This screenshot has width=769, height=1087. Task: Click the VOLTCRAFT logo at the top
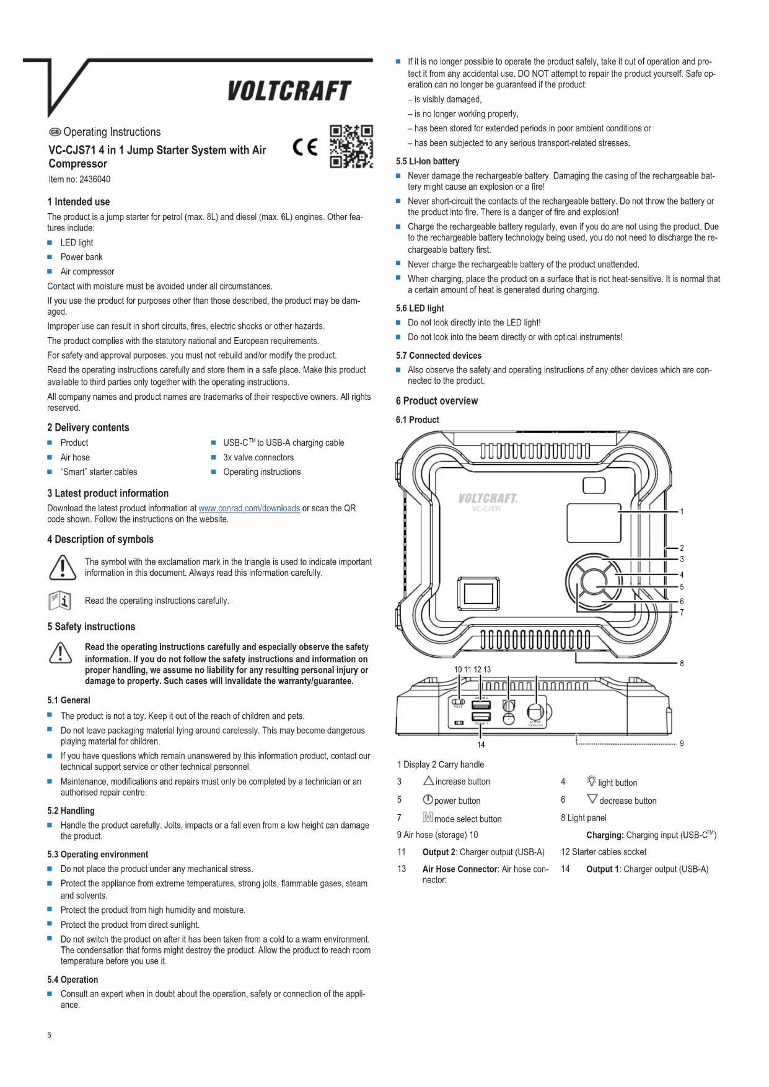(289, 91)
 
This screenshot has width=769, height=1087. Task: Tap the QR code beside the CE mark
(351, 147)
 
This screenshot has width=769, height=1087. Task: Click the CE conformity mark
(305, 147)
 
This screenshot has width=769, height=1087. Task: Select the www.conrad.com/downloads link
(249, 508)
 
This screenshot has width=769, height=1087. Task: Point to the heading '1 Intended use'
(79, 202)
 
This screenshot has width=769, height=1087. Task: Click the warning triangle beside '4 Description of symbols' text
(62, 567)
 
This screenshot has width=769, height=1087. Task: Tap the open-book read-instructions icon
(60, 601)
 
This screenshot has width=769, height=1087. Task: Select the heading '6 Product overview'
(437, 401)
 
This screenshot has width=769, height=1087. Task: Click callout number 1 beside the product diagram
(682, 512)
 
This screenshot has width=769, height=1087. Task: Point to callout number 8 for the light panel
(682, 663)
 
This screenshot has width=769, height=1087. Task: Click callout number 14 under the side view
(481, 745)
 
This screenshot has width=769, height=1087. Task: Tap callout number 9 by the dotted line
(682, 744)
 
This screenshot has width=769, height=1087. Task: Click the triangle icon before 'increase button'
(428, 781)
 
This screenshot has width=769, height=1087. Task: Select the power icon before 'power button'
(428, 800)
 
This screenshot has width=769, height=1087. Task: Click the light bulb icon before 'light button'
(591, 781)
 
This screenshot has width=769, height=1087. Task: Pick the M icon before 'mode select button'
(428, 818)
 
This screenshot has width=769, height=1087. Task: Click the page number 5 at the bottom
(50, 1035)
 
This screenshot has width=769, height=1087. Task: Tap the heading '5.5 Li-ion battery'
(428, 162)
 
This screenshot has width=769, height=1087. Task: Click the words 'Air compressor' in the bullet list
(87, 271)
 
